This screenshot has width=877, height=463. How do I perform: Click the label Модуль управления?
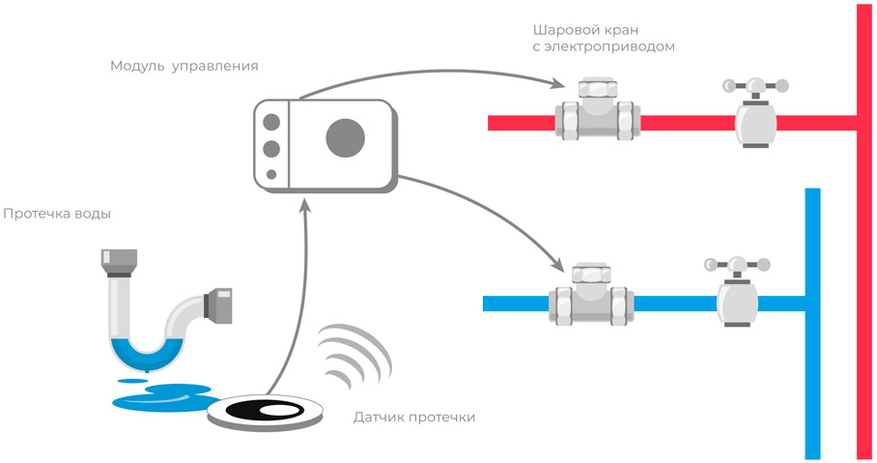click(184, 67)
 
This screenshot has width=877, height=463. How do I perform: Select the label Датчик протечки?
click(414, 418)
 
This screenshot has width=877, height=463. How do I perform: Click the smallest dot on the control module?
click(271, 175)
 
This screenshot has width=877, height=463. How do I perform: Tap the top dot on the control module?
click(271, 123)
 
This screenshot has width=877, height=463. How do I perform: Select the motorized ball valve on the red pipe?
click(599, 113)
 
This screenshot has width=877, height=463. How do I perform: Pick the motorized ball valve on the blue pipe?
click(590, 295)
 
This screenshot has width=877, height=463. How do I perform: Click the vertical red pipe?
click(863, 290)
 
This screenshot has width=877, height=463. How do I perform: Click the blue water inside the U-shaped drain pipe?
click(145, 353)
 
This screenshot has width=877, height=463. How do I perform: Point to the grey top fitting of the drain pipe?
click(119, 261)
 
